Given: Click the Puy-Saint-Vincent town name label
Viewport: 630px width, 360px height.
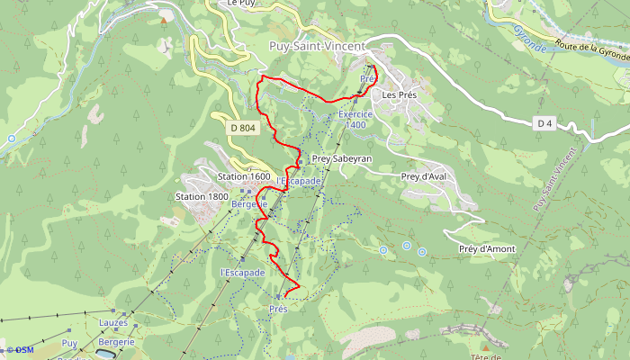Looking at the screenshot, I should (316, 45).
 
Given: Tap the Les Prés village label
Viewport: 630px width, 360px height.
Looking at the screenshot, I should (400, 94).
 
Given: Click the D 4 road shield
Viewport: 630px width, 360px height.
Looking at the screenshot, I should (543, 122).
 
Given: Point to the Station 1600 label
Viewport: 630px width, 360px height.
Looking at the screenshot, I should (244, 176).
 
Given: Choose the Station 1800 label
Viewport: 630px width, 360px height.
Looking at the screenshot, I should (201, 196).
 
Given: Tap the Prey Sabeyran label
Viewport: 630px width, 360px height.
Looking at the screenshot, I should (341, 158).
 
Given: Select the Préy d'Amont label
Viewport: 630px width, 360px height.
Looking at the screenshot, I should (486, 248).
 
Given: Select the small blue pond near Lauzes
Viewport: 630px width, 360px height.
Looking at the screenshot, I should (106, 355).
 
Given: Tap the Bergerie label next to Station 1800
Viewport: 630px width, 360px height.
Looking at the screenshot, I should (249, 204).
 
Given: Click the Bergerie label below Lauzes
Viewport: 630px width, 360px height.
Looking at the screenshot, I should (116, 342).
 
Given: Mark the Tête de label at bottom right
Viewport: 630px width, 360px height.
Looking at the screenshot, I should (485, 355).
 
